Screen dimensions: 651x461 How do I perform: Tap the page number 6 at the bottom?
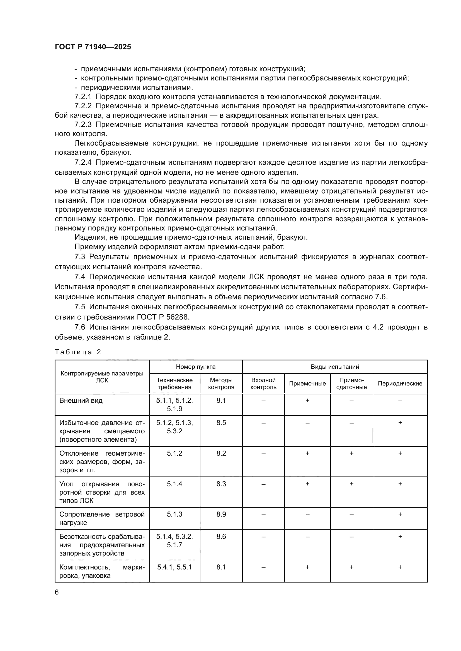[57, 592]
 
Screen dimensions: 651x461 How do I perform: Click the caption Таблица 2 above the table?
[78, 352]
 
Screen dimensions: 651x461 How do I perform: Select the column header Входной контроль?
[263, 383]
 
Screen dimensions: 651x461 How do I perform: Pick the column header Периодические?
[400, 383]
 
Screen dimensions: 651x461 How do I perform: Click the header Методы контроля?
[221, 383]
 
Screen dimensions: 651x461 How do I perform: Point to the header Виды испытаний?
[335, 367]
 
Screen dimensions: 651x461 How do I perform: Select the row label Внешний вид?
[81, 401]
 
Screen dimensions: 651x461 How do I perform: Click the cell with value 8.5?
[221, 423]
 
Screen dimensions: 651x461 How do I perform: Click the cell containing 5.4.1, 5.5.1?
[174, 567]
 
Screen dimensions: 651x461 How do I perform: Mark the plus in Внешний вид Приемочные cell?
[307, 400]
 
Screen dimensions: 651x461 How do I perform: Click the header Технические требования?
[174, 383]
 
